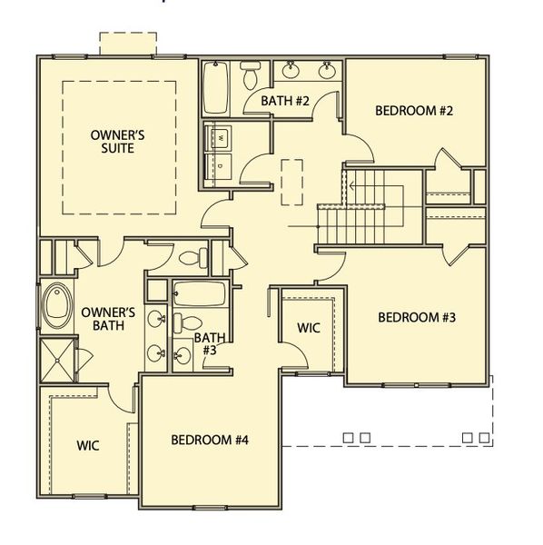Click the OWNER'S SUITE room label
[119, 142]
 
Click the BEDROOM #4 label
[210, 441]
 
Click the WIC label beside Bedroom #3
[309, 328]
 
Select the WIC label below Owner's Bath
[87, 446]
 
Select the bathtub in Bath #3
[199, 294]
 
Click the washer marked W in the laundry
[219, 138]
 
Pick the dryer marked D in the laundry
[219, 164]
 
